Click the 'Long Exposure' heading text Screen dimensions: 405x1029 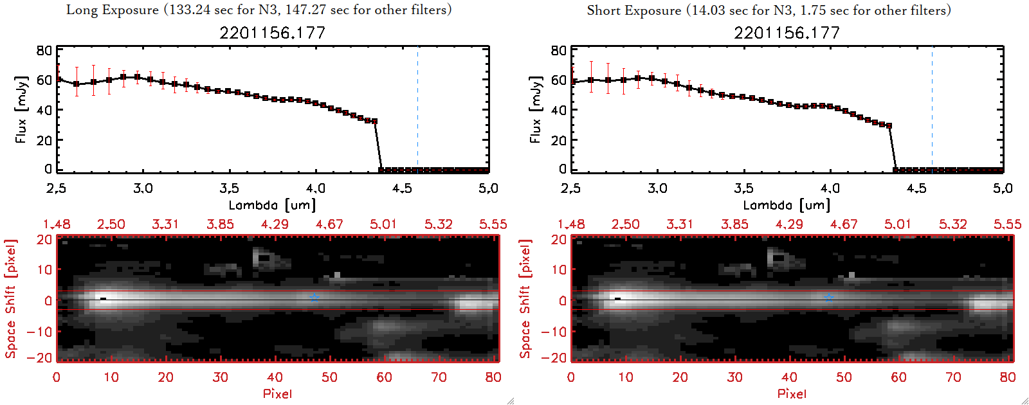point(113,10)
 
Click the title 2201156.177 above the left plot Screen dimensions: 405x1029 point(272,33)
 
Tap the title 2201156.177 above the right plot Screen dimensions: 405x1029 point(787,33)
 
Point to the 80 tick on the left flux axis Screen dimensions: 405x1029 point(44,50)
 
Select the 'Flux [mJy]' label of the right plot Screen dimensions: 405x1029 point(536,109)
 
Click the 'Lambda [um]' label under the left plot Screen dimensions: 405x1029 point(272,205)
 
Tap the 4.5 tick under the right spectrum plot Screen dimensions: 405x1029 point(916,188)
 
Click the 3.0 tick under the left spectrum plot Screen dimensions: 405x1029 point(143,188)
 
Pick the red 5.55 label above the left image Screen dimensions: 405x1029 point(493,224)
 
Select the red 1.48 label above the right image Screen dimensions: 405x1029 point(571,224)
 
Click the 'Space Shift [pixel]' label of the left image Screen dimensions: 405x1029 point(10,299)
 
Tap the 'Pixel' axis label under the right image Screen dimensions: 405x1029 point(792,393)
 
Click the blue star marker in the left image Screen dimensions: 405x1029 point(314,298)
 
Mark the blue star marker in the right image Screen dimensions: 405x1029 point(828,298)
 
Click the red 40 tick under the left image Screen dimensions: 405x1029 point(275,377)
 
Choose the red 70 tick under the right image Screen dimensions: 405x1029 point(953,377)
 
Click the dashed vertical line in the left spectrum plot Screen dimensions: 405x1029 point(417,109)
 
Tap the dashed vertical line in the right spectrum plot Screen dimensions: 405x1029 point(932,109)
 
